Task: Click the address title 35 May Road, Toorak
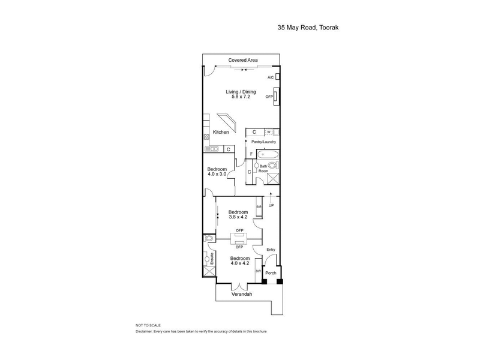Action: click(308, 28)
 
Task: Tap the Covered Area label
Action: click(243, 60)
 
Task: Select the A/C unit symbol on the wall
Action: click(277, 77)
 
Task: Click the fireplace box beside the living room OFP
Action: click(277, 97)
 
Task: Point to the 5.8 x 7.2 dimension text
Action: click(241, 97)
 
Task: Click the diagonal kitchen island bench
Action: click(227, 122)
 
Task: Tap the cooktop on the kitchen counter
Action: click(206, 137)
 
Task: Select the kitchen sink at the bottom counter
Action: click(211, 149)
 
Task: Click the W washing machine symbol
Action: click(269, 132)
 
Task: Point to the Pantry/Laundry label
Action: click(263, 142)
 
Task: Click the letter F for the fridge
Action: click(251, 154)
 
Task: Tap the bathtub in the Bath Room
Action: click(268, 154)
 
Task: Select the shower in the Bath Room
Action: click(273, 179)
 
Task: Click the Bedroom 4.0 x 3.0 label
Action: click(217, 172)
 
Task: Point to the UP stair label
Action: click(271, 205)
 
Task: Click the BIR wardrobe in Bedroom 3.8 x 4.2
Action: click(259, 206)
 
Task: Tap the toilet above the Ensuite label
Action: click(209, 238)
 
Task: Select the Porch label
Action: click(271, 273)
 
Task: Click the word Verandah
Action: click(242, 294)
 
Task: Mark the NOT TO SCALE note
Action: click(148, 325)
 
